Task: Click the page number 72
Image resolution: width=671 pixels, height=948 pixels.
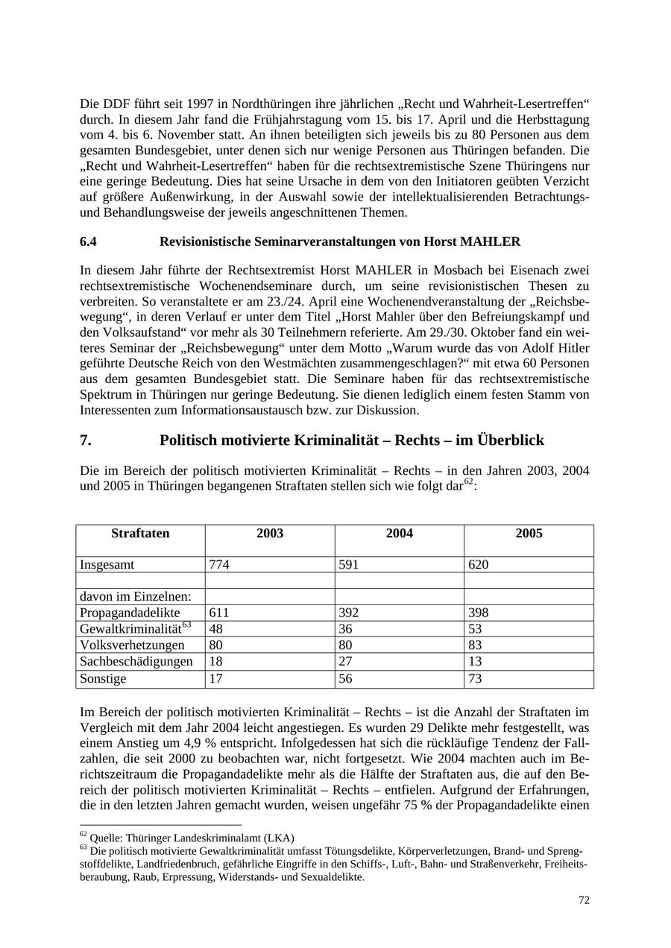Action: (x=584, y=900)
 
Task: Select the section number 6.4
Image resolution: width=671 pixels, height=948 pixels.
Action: (x=88, y=241)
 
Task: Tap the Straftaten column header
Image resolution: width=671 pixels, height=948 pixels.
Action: (x=140, y=534)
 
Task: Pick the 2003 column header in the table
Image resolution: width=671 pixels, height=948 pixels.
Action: (x=270, y=534)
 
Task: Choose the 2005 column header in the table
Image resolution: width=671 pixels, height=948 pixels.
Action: (x=529, y=534)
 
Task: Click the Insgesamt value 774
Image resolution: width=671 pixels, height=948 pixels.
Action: (x=219, y=565)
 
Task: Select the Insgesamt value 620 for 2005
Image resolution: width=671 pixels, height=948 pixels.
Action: (x=479, y=565)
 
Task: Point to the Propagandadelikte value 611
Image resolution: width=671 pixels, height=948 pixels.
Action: (x=219, y=613)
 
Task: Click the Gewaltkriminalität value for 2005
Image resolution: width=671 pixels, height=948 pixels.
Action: (x=475, y=629)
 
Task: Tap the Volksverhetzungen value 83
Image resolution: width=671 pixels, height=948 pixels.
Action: (x=475, y=645)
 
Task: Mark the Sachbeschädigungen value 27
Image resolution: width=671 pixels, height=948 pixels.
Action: (x=345, y=662)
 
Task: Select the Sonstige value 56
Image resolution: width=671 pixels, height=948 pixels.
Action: (x=345, y=678)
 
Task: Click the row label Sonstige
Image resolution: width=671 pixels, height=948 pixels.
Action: (x=103, y=678)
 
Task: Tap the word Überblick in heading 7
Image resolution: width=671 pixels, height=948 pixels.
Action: (x=511, y=440)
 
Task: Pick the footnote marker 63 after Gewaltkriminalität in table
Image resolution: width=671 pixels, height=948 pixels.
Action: (x=187, y=625)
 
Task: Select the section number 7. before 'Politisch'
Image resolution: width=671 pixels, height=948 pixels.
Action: (x=86, y=440)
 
